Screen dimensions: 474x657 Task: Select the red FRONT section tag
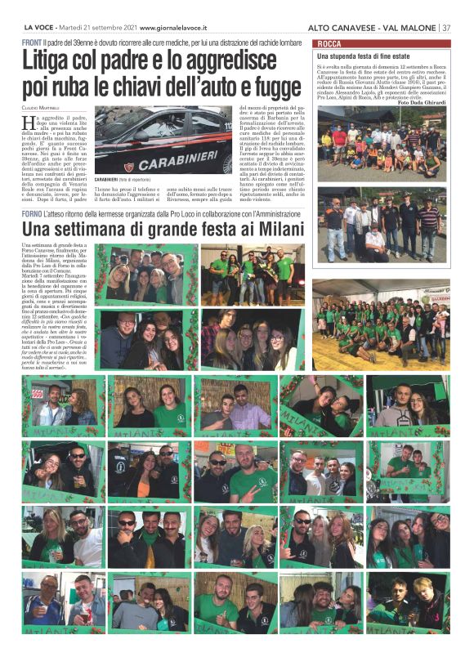[x=32, y=41]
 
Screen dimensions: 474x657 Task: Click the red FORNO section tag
[x=34, y=213]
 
